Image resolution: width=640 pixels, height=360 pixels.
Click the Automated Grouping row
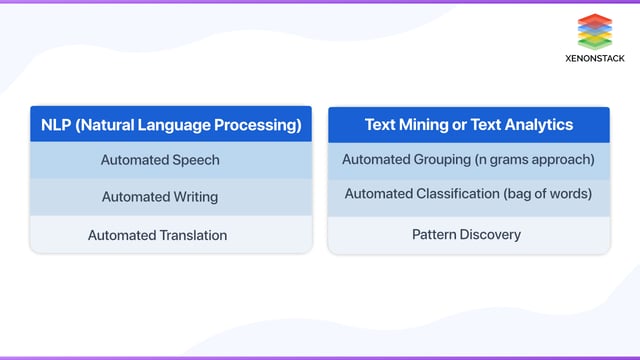pyautogui.click(x=468, y=160)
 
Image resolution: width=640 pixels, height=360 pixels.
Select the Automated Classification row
pyautogui.click(x=468, y=194)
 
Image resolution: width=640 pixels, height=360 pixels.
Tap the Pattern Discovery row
pyautogui.click(x=466, y=235)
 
